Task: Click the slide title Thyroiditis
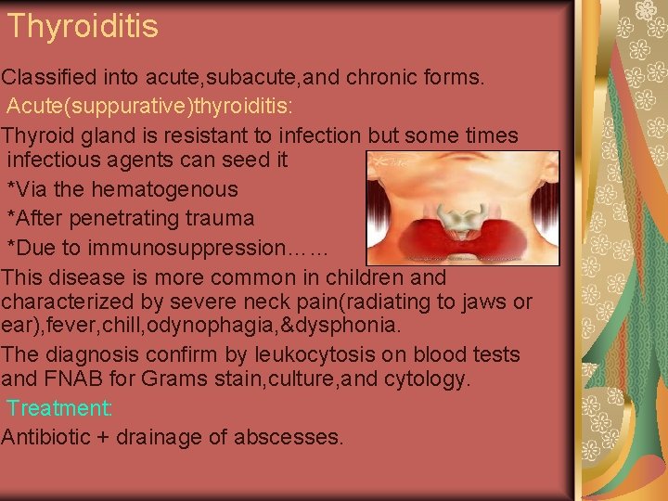(x=83, y=26)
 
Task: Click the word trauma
(x=221, y=219)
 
